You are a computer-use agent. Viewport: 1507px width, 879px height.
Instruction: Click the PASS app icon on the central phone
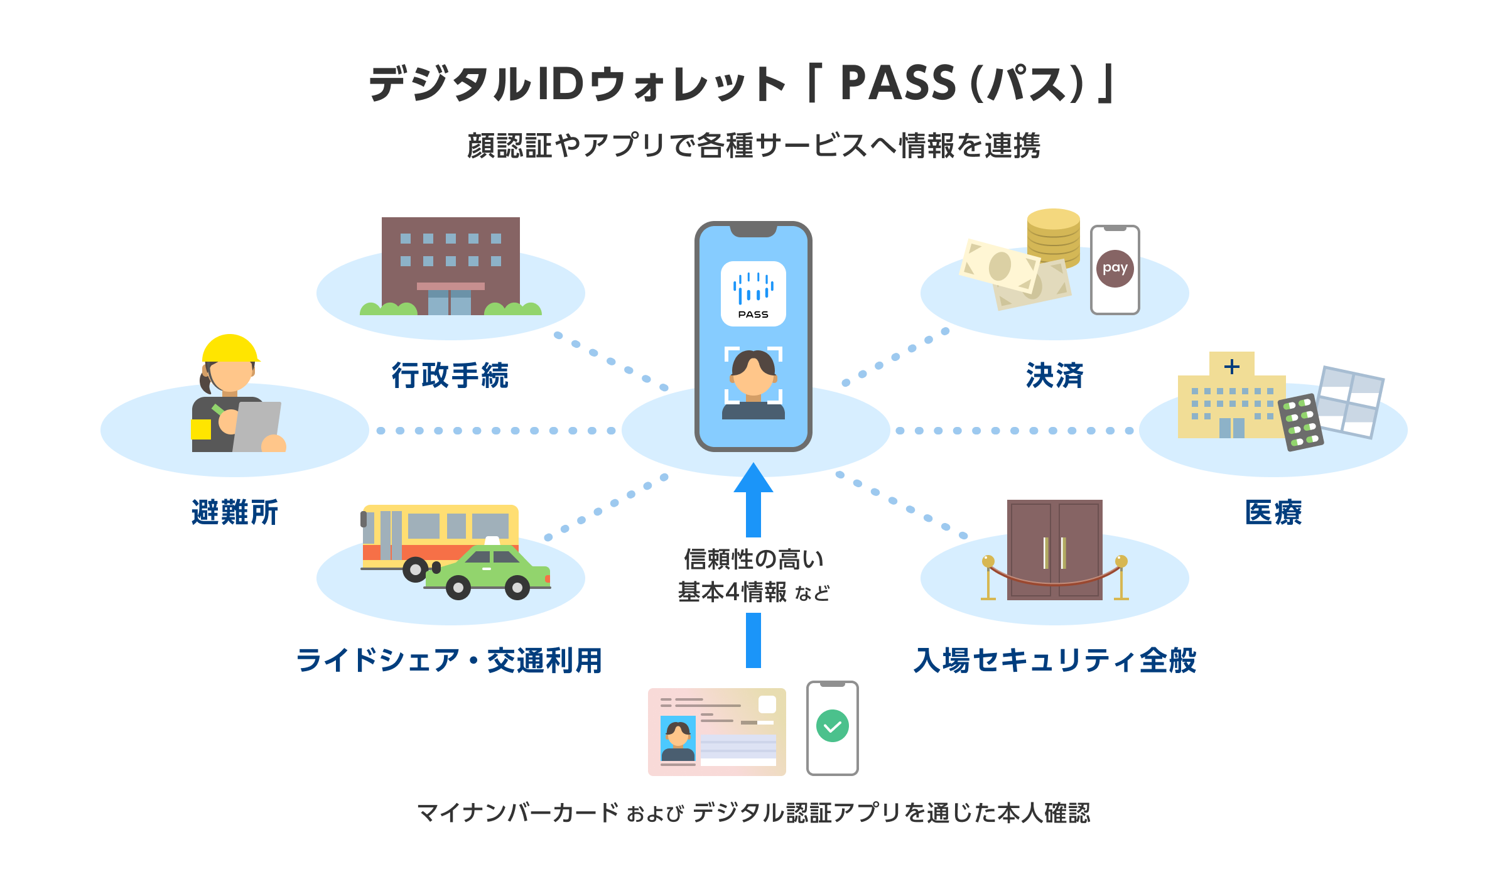click(x=753, y=294)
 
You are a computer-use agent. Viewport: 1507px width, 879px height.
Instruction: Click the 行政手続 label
click(x=450, y=375)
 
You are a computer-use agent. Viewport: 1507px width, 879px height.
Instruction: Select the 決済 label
click(x=1054, y=375)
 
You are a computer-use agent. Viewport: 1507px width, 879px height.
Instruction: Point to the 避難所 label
click(x=234, y=512)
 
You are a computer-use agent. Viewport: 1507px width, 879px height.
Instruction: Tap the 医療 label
click(x=1273, y=512)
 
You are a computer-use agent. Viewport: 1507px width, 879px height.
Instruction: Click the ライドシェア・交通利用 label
click(x=450, y=661)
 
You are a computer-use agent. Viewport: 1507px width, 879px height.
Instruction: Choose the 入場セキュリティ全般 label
click(x=1055, y=661)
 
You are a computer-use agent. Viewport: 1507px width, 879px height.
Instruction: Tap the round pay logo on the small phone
click(x=1115, y=269)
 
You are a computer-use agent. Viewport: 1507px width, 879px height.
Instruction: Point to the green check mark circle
click(x=832, y=726)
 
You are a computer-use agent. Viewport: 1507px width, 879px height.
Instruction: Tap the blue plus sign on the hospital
click(x=1231, y=367)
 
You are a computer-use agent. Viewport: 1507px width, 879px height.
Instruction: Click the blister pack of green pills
click(x=1301, y=422)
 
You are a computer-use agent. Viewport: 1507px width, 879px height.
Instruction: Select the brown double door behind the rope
click(x=1054, y=549)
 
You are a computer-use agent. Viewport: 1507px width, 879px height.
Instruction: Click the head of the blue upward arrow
click(x=753, y=479)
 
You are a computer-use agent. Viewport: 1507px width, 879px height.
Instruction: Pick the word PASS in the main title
click(x=898, y=84)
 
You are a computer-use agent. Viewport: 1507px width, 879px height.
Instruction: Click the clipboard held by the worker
click(x=257, y=426)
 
